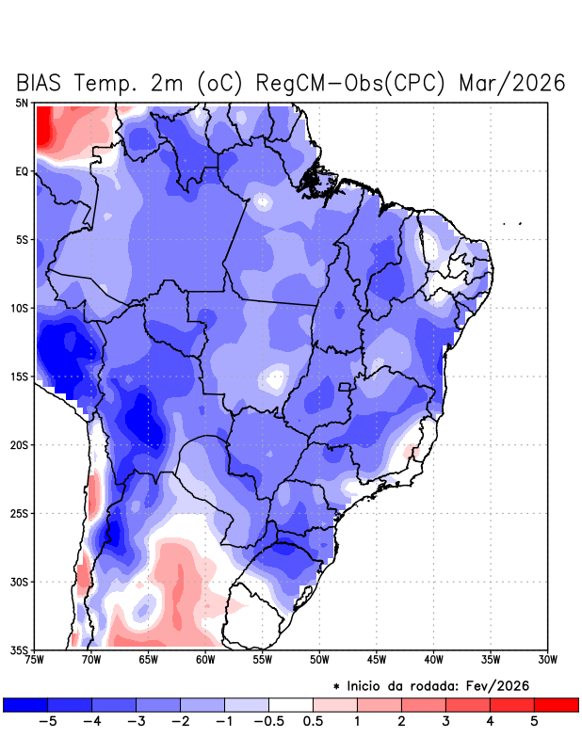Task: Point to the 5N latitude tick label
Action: [x=22, y=103]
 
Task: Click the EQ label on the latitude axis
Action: [x=22, y=171]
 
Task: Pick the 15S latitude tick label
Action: [x=20, y=376]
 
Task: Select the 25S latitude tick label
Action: [x=20, y=513]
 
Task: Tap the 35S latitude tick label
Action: [x=20, y=649]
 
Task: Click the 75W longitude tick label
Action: [x=36, y=660]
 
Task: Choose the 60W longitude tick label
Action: [x=205, y=660]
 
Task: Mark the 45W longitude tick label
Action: [x=377, y=660]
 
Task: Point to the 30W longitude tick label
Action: [x=547, y=660]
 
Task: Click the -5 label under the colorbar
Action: [x=47, y=721]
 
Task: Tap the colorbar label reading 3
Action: [x=445, y=721]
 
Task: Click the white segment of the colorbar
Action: [x=291, y=704]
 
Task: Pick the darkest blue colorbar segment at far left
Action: [x=25, y=704]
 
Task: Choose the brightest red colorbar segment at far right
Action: [x=557, y=704]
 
